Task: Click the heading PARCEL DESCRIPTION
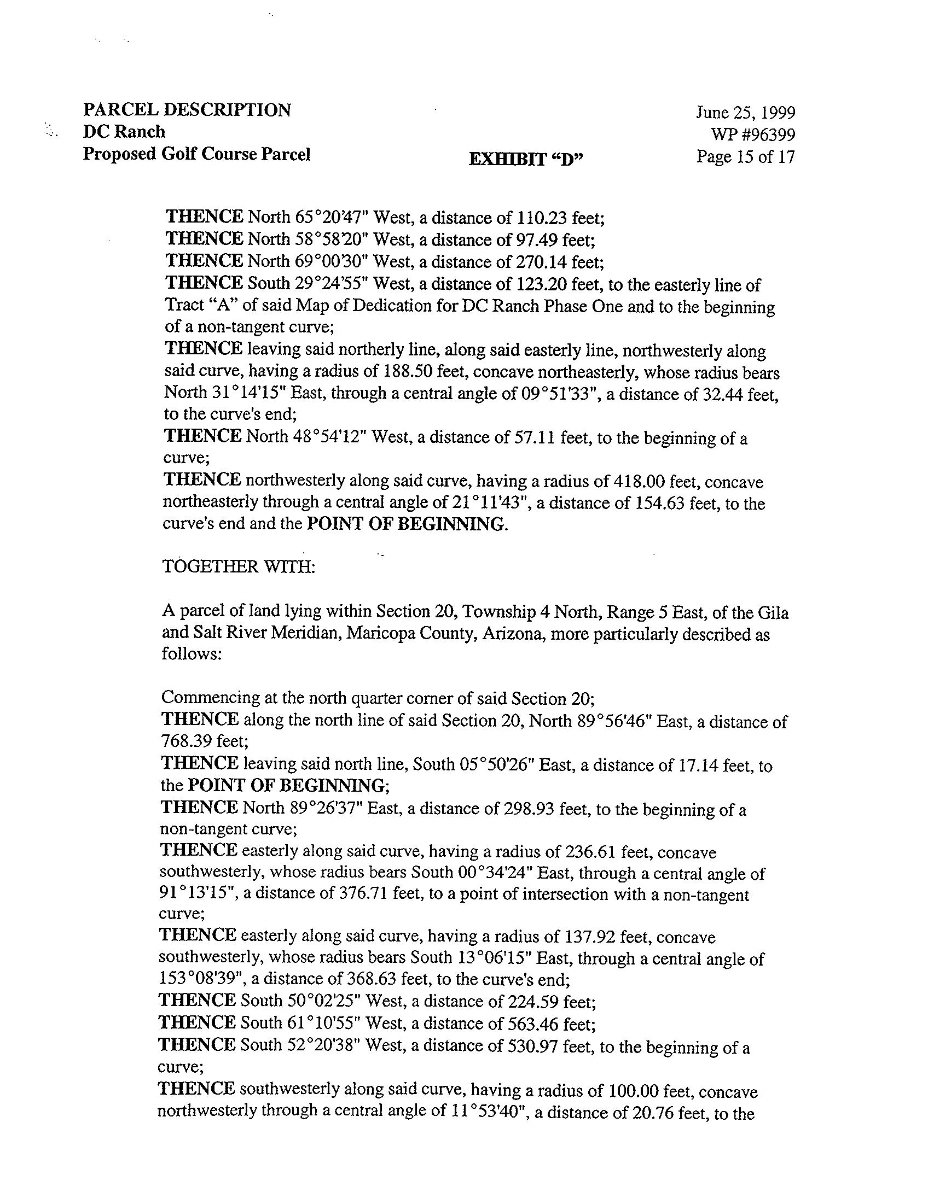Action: [x=187, y=110]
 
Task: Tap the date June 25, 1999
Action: [x=745, y=113]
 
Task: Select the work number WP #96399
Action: [x=753, y=135]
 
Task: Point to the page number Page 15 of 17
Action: [x=745, y=157]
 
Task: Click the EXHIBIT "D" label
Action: [x=526, y=159]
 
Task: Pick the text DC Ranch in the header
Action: [x=124, y=132]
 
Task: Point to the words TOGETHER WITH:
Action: [x=239, y=566]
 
